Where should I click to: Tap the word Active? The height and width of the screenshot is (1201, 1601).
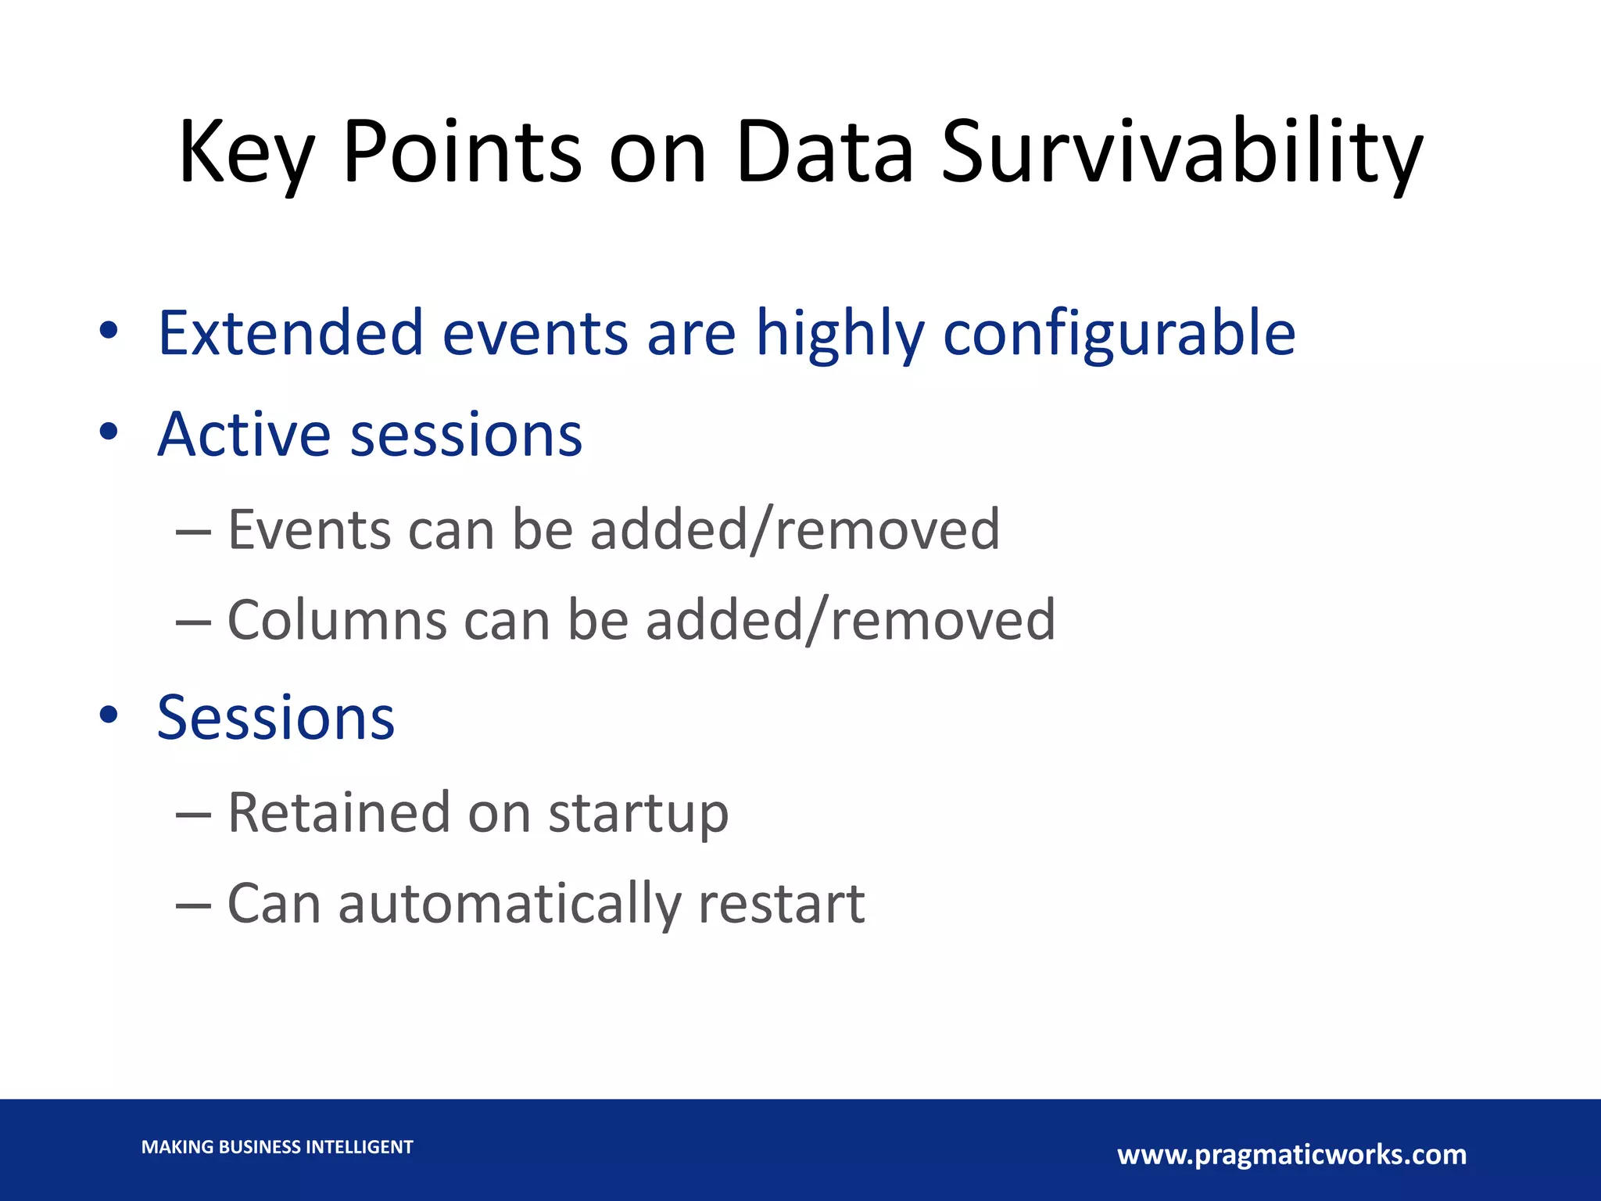(x=244, y=434)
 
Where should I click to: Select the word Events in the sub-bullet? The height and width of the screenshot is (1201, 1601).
(x=309, y=530)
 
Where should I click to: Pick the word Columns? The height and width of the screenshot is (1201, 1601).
(x=336, y=620)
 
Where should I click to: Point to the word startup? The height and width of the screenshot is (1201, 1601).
(x=638, y=814)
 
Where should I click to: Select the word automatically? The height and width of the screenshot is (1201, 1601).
(x=509, y=904)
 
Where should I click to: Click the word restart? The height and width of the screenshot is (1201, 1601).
(x=781, y=904)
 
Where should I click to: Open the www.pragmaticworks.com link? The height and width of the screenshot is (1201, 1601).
(x=1291, y=1155)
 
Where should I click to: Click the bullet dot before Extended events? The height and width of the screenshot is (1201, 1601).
(x=109, y=330)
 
